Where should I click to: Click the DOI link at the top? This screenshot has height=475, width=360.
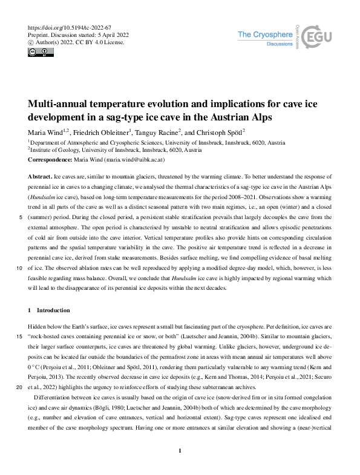point(70,28)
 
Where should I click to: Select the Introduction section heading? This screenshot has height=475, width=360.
point(53,310)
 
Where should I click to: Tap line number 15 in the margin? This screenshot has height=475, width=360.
point(20,336)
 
